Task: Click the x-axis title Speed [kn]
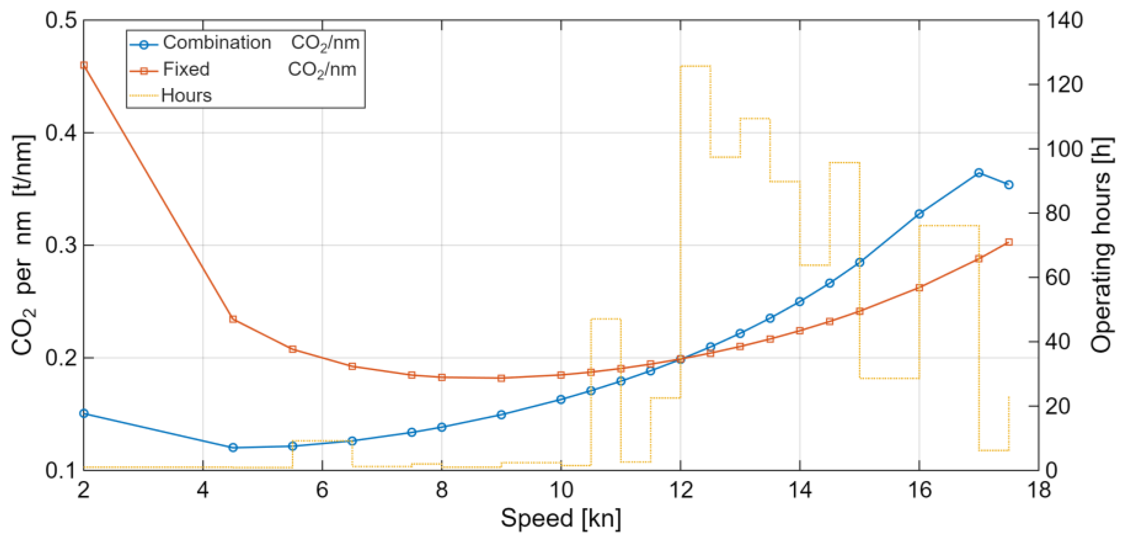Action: coord(560,518)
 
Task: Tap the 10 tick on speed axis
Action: coord(560,490)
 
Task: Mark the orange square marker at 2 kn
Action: coord(84,66)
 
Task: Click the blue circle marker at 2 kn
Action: coord(84,413)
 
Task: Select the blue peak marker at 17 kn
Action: coord(979,172)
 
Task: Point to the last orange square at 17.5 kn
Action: coord(1009,242)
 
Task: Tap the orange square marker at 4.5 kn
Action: coord(233,319)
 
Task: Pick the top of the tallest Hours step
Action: coord(695,66)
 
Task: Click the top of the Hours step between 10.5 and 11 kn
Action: coord(606,319)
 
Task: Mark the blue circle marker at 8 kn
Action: coord(442,427)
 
